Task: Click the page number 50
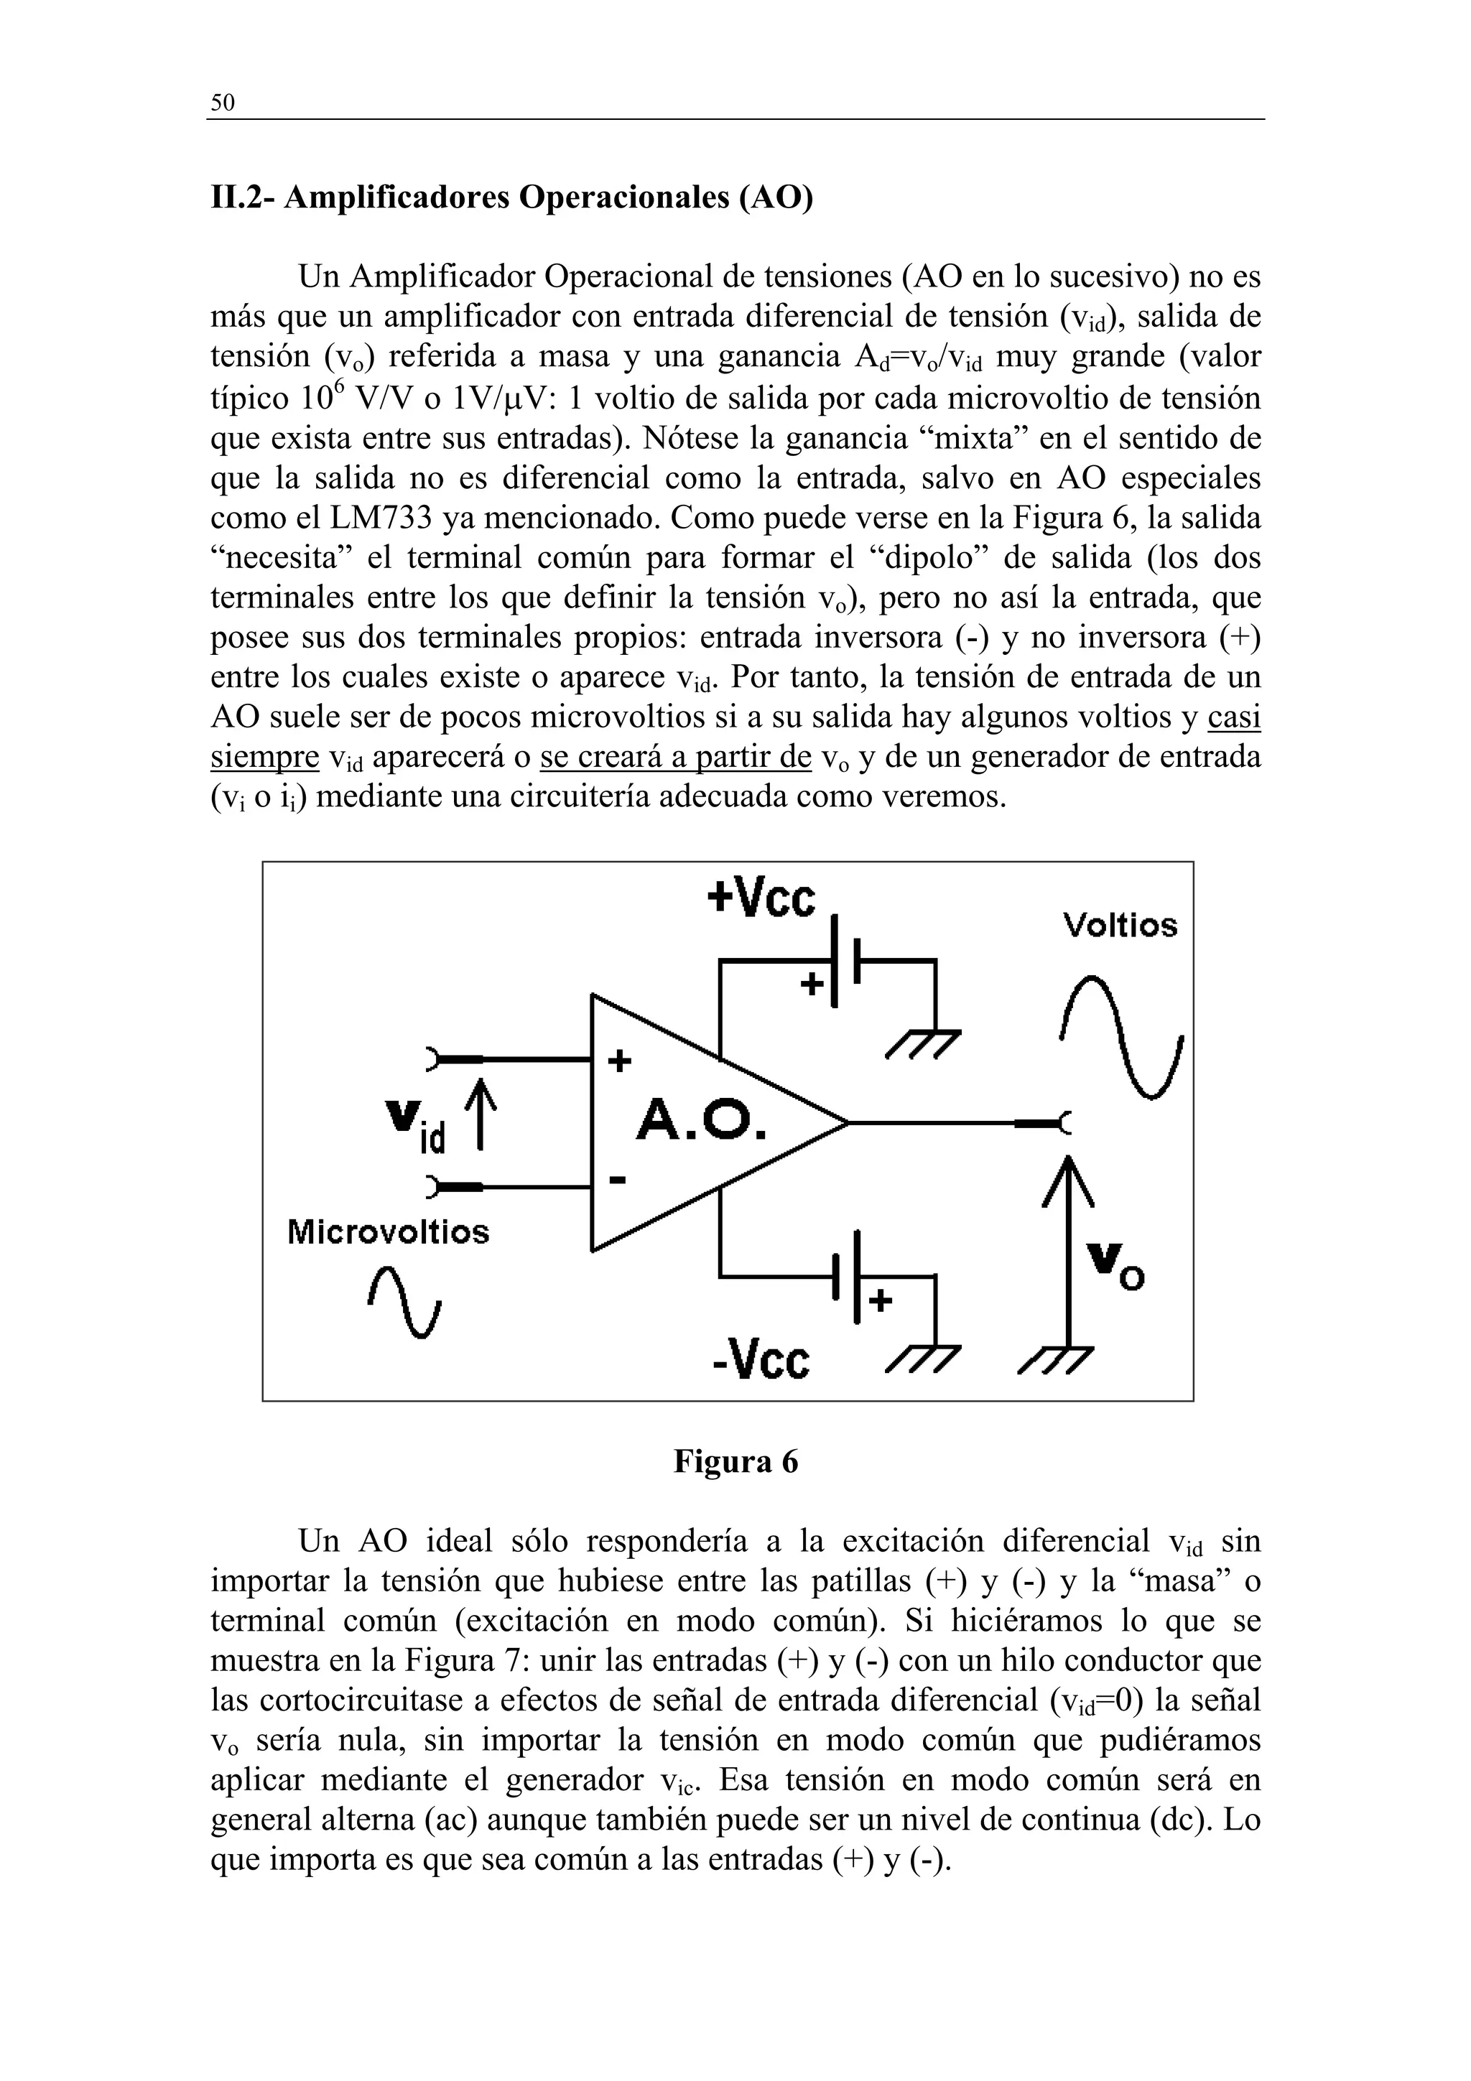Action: (x=222, y=103)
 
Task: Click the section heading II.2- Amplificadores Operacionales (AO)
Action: (x=511, y=197)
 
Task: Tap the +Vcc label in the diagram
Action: (x=761, y=898)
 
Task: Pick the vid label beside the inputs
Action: (x=416, y=1124)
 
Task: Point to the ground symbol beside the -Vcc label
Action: (x=921, y=1359)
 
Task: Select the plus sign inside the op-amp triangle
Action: (x=619, y=1061)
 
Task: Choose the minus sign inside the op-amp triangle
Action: (x=617, y=1180)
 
